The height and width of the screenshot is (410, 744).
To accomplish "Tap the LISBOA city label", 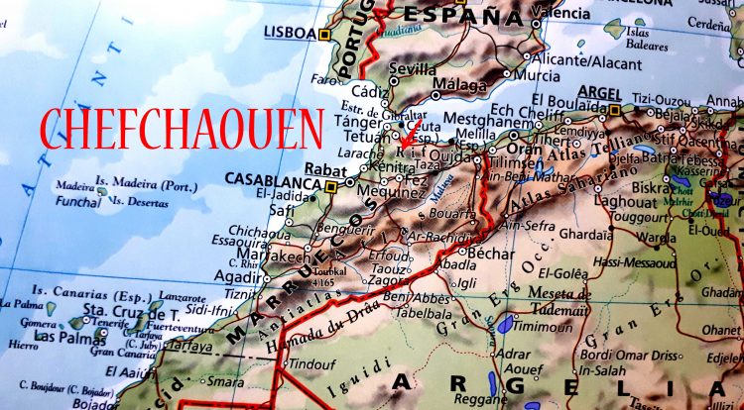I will pos(290,32).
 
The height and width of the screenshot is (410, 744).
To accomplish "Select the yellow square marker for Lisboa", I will pos(323,35).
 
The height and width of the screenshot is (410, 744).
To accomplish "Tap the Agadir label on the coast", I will pos(236,278).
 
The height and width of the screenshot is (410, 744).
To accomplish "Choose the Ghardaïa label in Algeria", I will pos(586,236).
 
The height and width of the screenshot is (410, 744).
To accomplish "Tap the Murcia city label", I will pos(537,75).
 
